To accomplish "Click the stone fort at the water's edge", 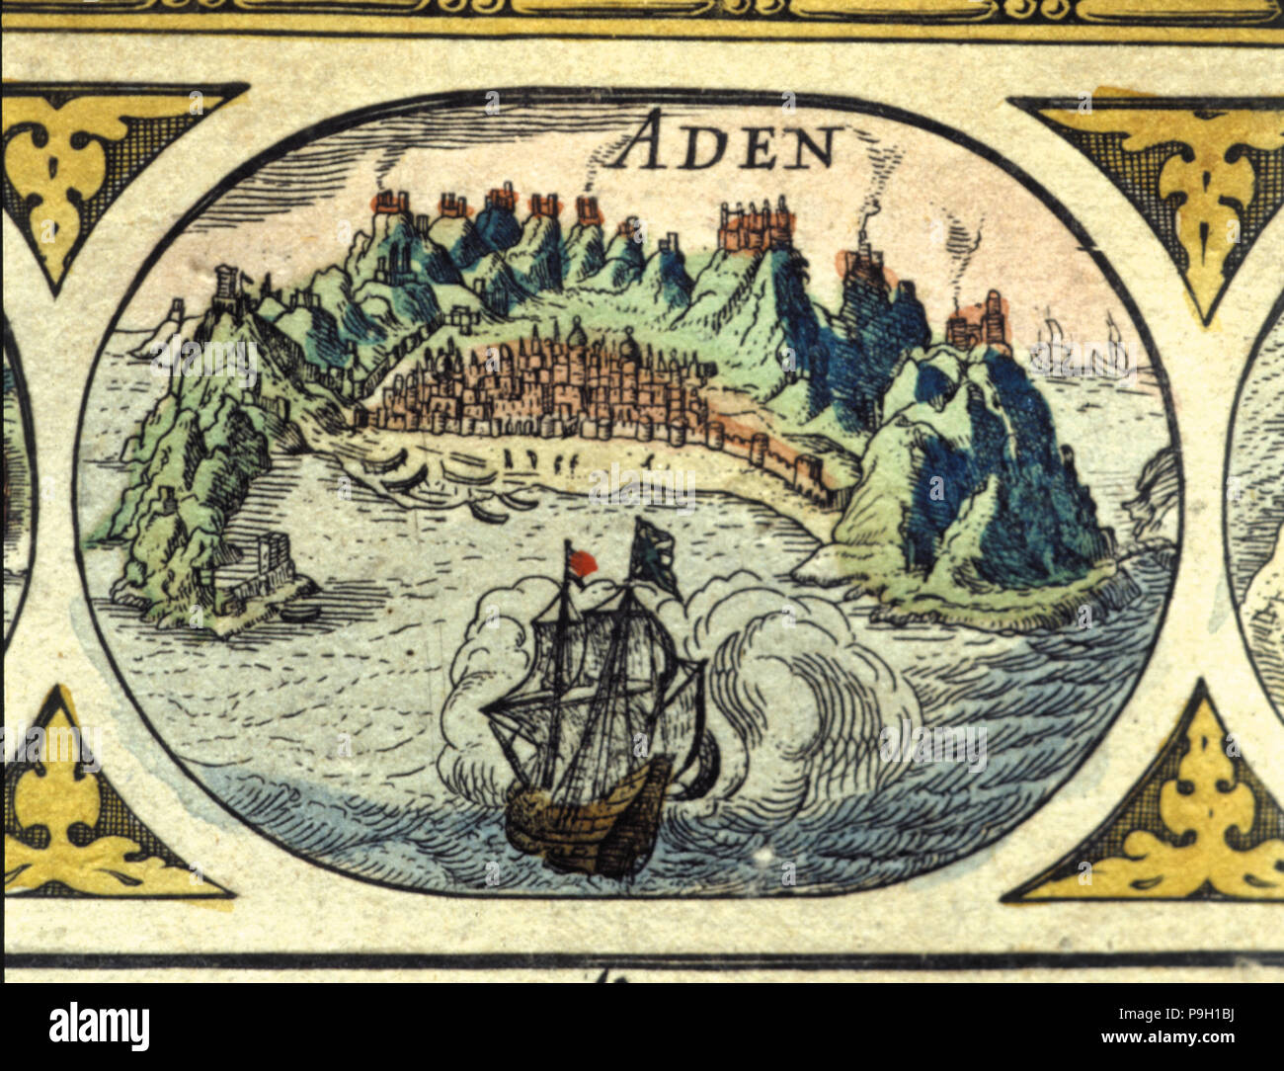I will pyautogui.click(x=259, y=569).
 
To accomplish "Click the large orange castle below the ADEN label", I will pyautogui.click(x=757, y=225).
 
